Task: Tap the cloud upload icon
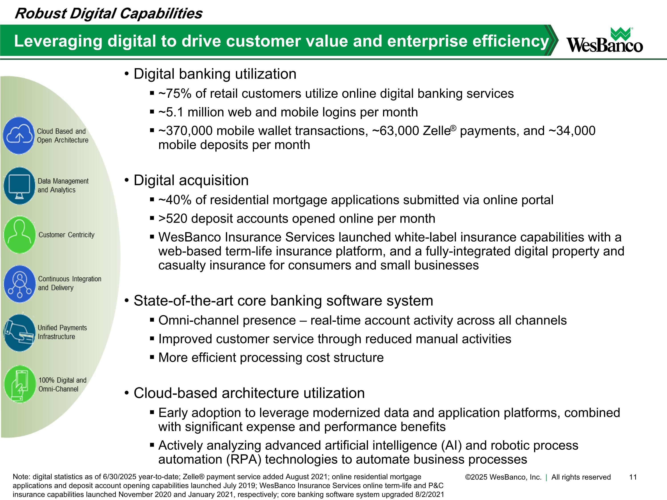(x=19, y=136)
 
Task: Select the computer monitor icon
(x=19, y=186)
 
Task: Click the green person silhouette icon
(x=20, y=234)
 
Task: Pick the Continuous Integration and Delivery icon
(x=20, y=284)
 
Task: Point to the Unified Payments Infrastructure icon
(x=20, y=333)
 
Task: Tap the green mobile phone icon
(x=20, y=384)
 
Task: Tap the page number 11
(x=633, y=477)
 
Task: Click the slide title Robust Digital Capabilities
(x=108, y=14)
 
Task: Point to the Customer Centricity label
(x=66, y=235)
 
